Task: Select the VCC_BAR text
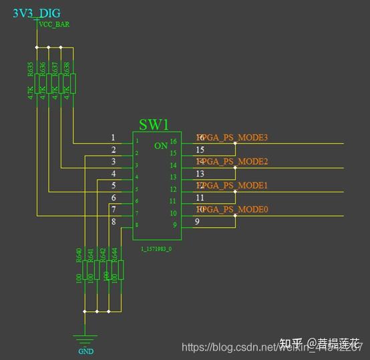(55, 25)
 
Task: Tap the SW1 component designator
(154, 125)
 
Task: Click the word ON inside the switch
(161, 146)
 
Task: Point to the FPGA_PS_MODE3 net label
(232, 138)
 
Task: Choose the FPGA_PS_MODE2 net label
(232, 162)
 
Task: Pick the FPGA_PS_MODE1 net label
(232, 185)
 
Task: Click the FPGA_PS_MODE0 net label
(232, 210)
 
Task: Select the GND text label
(85, 351)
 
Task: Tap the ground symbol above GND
(85, 339)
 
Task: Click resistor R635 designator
(31, 70)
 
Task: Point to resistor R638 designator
(67, 70)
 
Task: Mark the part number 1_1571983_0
(156, 248)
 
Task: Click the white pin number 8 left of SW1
(114, 222)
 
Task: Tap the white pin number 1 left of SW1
(114, 138)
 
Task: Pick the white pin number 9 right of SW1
(197, 222)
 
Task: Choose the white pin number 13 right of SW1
(200, 174)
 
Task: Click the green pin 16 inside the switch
(173, 142)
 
